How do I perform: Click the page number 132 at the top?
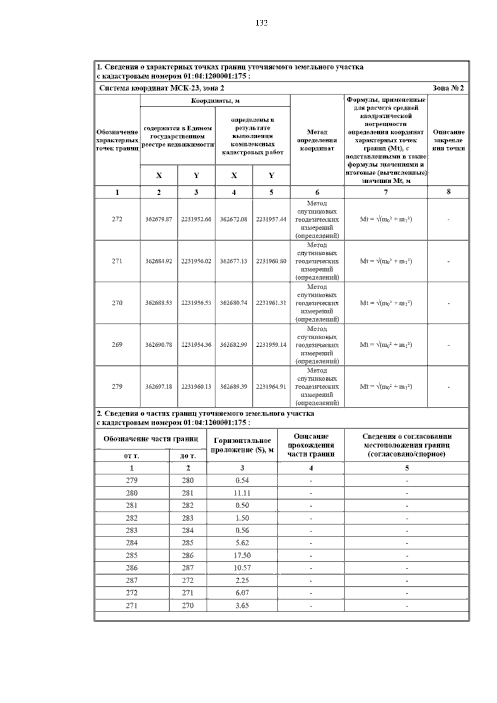tap(261, 23)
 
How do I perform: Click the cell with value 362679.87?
tap(159, 220)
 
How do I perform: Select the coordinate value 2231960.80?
tap(271, 261)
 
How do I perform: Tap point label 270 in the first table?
tap(117, 303)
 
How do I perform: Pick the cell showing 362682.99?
tap(234, 345)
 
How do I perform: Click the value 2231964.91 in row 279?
tap(271, 387)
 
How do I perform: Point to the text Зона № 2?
tap(448, 88)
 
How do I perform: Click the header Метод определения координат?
tap(317, 140)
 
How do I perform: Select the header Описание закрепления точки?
tap(449, 140)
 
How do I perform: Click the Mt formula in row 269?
tap(386, 345)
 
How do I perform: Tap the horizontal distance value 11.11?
tap(242, 493)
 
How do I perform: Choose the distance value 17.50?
tap(242, 555)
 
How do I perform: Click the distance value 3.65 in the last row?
tap(242, 605)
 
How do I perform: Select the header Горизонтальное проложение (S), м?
tap(242, 445)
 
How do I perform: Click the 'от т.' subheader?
tap(132, 456)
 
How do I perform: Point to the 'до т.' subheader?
tap(188, 456)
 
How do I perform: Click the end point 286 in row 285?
tap(188, 555)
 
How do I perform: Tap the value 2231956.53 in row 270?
tap(196, 303)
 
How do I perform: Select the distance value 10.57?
tap(242, 568)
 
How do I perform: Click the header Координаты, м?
tap(215, 101)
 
